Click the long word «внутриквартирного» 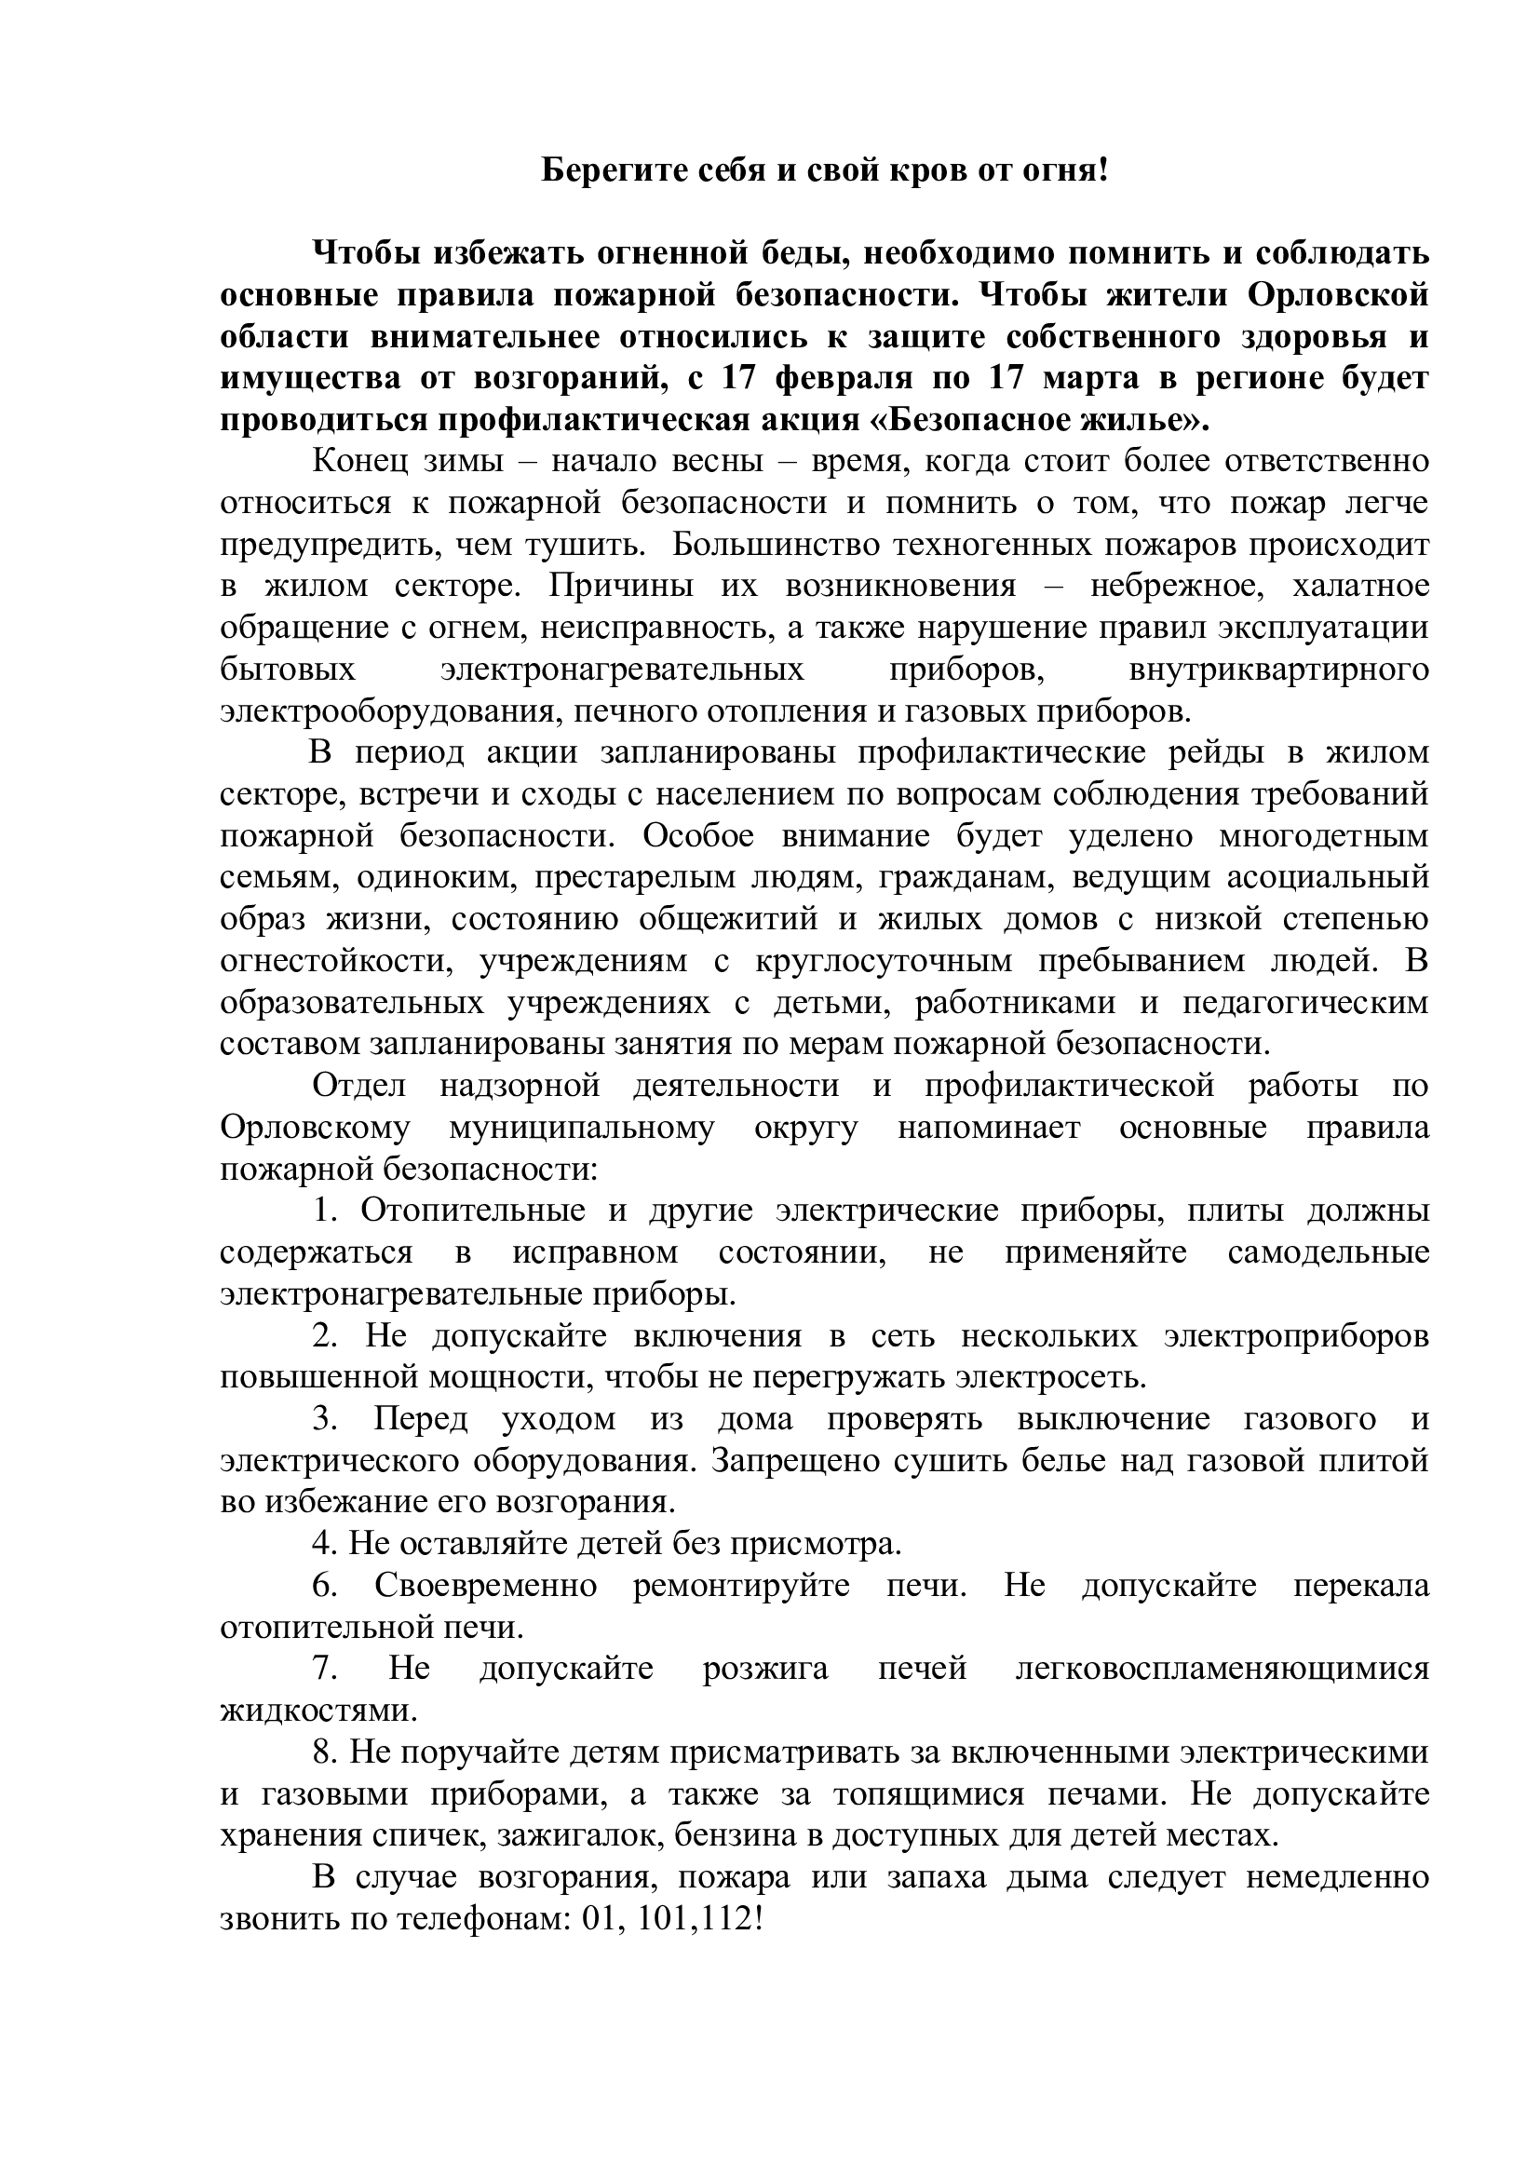(x=1279, y=670)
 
